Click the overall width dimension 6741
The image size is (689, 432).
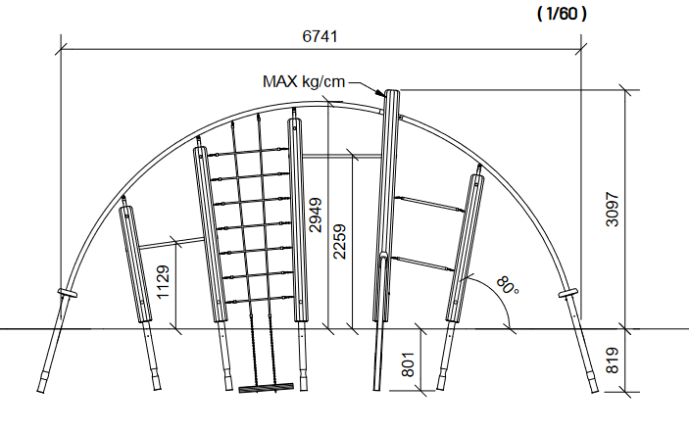[x=320, y=36]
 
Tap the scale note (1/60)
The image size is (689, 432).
[x=562, y=14]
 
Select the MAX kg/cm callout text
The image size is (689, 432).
[x=304, y=81]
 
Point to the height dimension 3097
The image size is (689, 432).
[x=613, y=209]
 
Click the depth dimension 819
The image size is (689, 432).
[x=613, y=360]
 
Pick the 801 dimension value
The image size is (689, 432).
[x=409, y=364]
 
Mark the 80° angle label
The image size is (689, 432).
[x=508, y=285]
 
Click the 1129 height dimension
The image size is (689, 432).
[x=163, y=282]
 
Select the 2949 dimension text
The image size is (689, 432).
[x=315, y=215]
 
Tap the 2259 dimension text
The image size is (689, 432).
[x=340, y=241]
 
